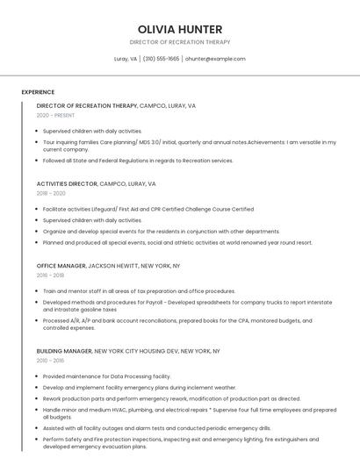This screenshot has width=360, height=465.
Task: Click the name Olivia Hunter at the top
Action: tap(180, 29)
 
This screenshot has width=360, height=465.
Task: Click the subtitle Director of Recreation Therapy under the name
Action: tap(180, 42)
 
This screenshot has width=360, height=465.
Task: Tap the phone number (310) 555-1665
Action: tap(161, 59)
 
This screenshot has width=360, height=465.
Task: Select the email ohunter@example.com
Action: tap(215, 59)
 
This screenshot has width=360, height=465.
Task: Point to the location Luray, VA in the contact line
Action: tap(126, 59)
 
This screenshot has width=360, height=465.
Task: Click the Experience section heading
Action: tap(38, 92)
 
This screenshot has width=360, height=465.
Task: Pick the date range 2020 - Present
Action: tap(55, 115)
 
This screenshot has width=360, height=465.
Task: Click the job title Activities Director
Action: tap(67, 184)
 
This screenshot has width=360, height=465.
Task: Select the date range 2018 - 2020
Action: tap(51, 193)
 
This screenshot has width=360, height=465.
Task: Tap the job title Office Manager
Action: tap(61, 265)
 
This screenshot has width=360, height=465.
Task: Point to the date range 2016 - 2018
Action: tap(51, 275)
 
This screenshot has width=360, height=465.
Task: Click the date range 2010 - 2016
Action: tap(51, 360)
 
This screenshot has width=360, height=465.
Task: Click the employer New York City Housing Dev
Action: tap(137, 351)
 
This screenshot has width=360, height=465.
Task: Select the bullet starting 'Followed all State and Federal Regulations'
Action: tap(138, 161)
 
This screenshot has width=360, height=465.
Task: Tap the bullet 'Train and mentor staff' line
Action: tap(139, 291)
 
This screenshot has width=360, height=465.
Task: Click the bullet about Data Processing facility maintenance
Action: tap(106, 376)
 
